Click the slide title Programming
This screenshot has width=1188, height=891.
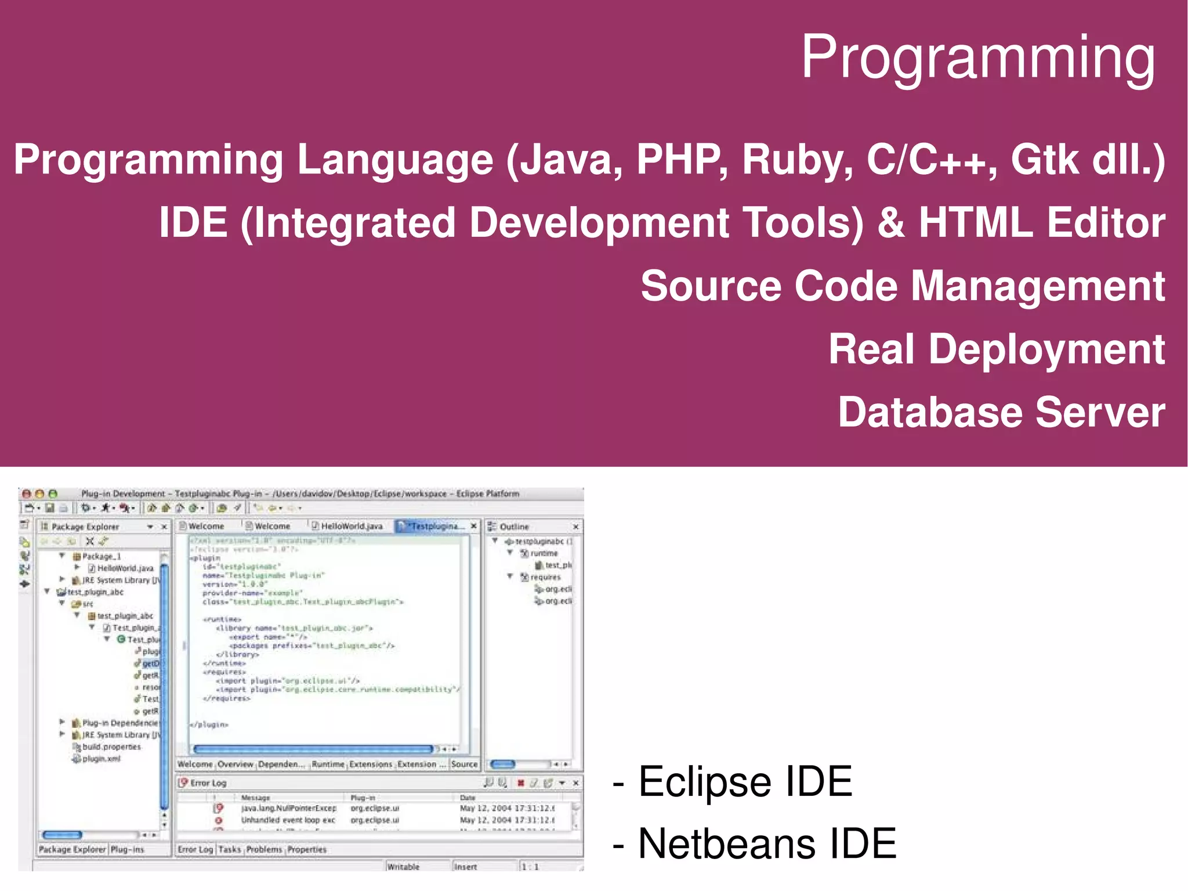point(978,58)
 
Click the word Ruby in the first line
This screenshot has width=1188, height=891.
point(797,160)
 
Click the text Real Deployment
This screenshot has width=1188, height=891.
point(996,349)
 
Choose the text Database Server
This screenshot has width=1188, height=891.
point(1001,412)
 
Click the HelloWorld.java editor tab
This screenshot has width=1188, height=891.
point(351,526)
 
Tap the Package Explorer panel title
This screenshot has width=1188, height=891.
point(85,526)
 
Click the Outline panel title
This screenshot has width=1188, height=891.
point(514,526)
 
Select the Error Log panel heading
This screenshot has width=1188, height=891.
point(208,783)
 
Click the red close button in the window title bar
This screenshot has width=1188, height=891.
point(26,494)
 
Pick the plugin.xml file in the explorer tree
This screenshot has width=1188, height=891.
point(101,759)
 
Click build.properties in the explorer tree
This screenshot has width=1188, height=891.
point(111,747)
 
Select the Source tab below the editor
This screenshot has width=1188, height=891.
point(464,764)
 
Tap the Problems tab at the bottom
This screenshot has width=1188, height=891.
point(264,849)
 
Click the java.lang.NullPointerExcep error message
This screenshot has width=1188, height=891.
point(288,808)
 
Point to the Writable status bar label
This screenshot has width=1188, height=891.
point(403,867)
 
